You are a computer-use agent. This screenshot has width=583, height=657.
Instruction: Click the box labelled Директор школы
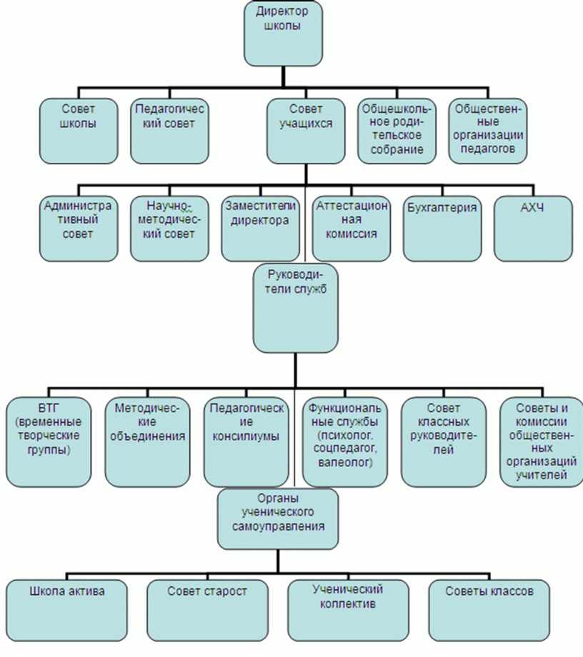(284, 34)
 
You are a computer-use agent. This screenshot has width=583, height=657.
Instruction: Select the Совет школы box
(79, 131)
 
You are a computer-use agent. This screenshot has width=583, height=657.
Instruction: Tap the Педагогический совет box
(170, 131)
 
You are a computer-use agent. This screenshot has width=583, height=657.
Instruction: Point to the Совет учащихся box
(307, 131)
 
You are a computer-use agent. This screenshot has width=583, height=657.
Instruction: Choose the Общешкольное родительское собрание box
(397, 131)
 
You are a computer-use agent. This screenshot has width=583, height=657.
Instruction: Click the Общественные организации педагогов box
(488, 131)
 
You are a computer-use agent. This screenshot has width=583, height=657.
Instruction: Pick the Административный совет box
(79, 229)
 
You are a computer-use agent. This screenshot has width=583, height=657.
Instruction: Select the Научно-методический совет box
(170, 229)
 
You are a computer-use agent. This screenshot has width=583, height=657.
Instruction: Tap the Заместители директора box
(261, 229)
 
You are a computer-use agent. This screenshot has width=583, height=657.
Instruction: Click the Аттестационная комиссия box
(352, 229)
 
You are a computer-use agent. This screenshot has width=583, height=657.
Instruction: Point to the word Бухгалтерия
(442, 208)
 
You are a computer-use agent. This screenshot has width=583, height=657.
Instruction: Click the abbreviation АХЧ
(532, 207)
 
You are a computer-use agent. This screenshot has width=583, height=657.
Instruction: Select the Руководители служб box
(296, 308)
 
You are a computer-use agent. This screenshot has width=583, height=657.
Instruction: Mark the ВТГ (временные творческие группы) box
(49, 442)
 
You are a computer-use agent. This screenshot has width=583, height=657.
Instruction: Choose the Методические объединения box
(147, 442)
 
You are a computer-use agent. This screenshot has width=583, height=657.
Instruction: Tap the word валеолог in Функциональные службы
(344, 463)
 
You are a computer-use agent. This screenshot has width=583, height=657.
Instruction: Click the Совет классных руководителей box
(444, 442)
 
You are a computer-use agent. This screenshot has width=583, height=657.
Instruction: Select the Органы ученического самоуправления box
(278, 518)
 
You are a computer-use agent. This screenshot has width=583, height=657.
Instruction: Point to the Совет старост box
(207, 611)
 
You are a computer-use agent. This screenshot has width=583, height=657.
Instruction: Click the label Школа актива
(67, 591)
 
